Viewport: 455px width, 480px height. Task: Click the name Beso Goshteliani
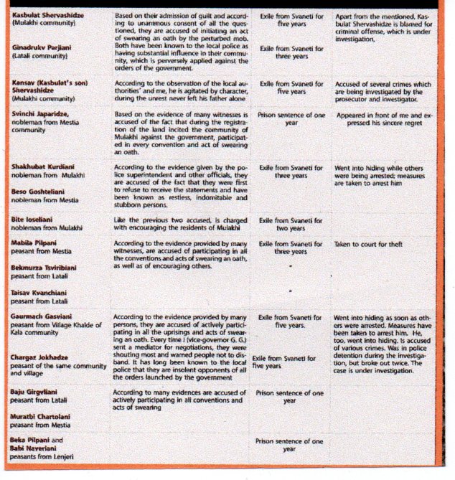(40, 192)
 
